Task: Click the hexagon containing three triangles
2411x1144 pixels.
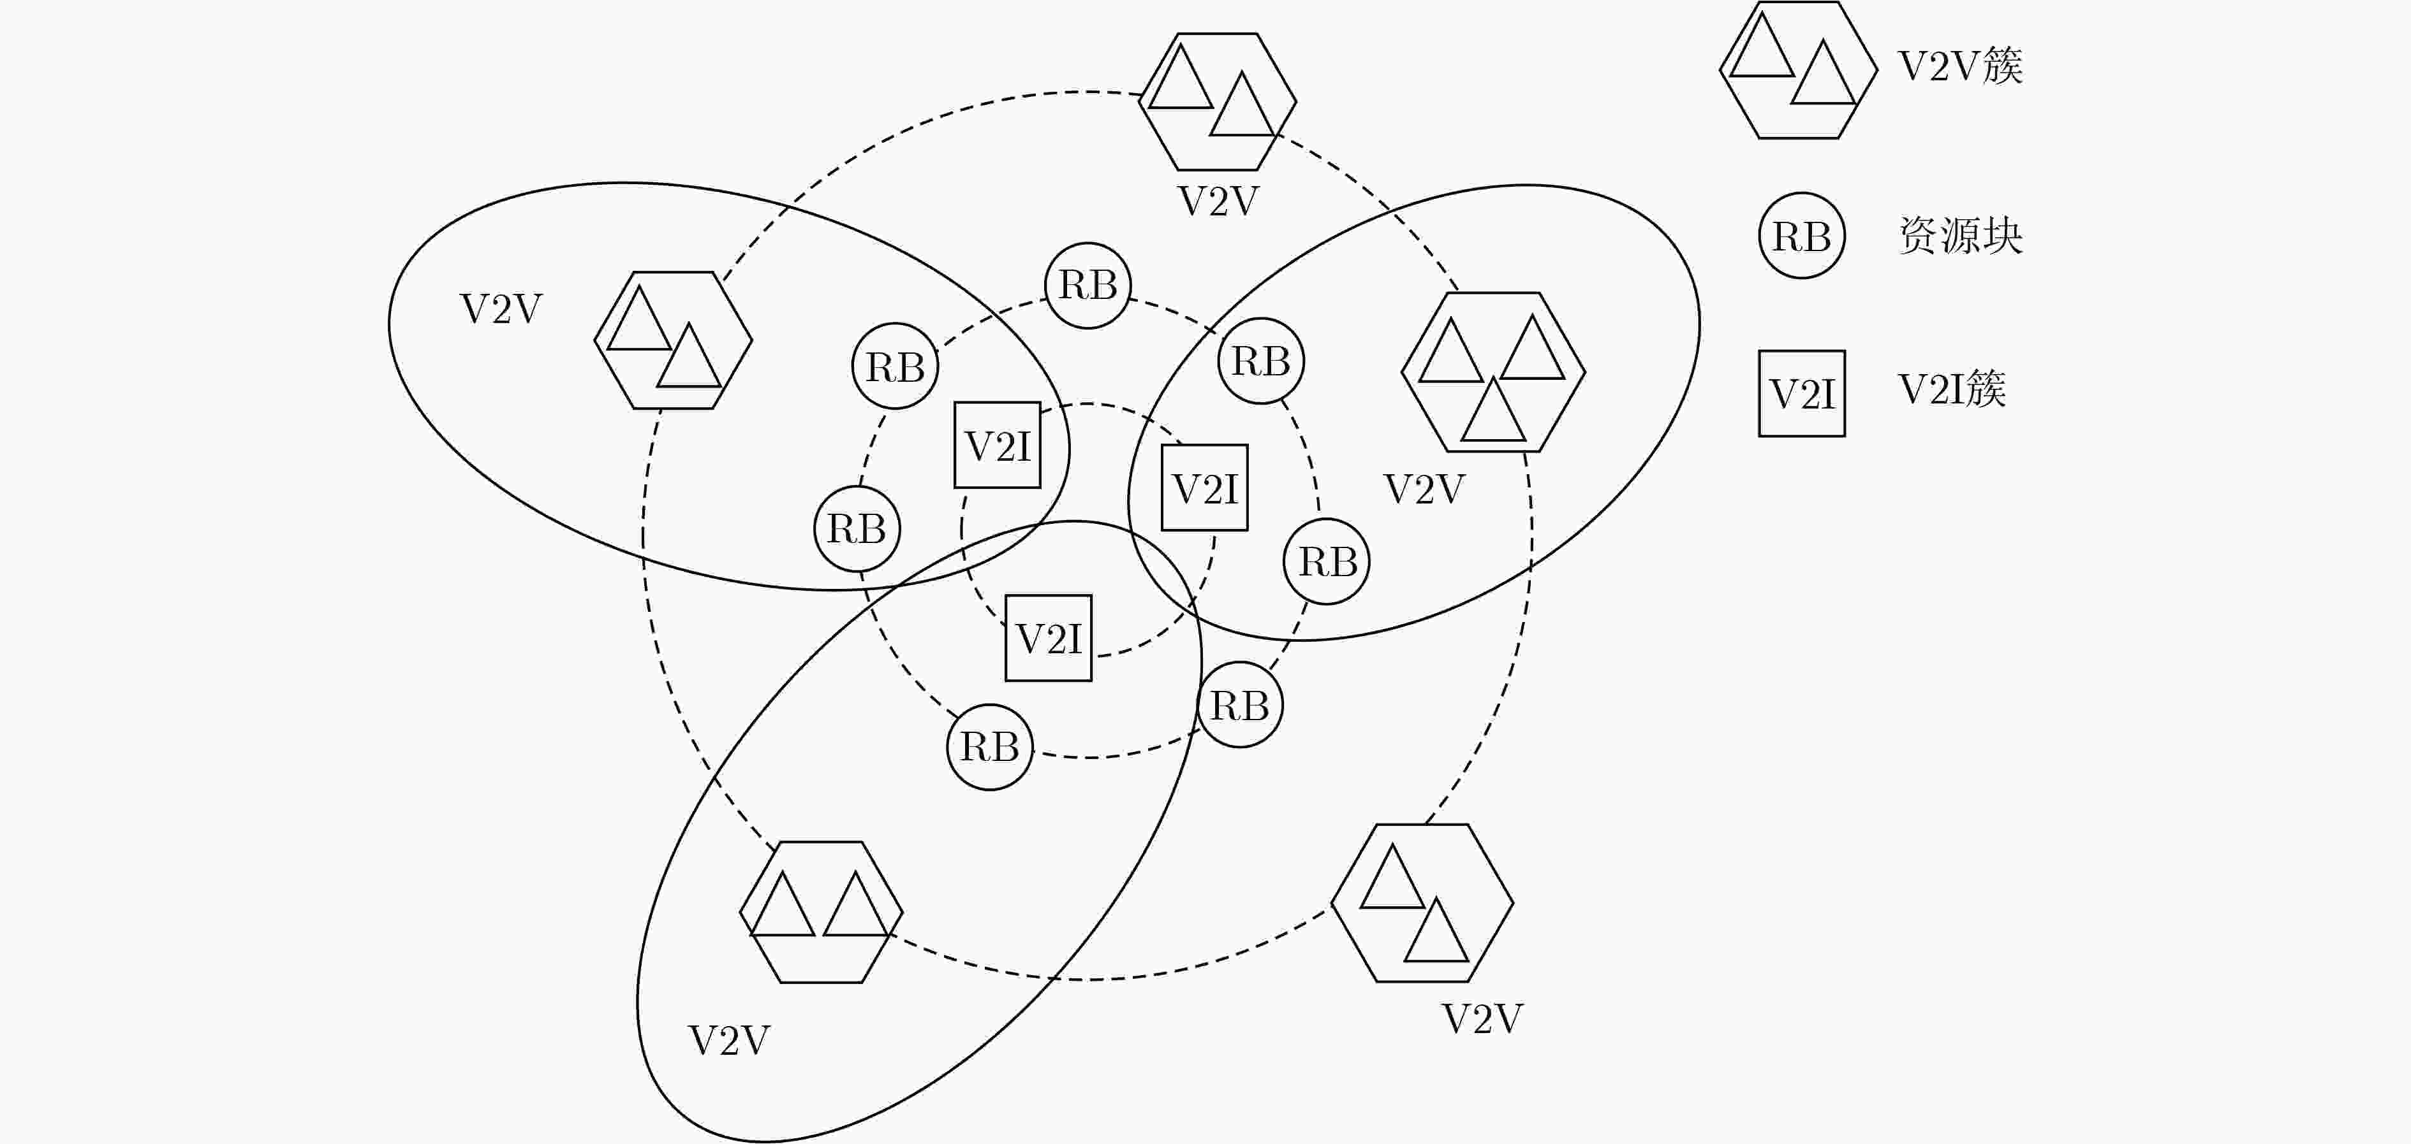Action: tap(1493, 372)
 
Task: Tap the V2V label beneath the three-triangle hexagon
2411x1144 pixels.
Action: tap(1424, 489)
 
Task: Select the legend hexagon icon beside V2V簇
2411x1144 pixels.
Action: tap(1798, 70)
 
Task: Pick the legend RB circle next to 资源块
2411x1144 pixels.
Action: tap(1802, 236)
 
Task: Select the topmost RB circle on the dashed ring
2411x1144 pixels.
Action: tap(1088, 286)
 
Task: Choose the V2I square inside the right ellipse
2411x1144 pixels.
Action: tap(1205, 488)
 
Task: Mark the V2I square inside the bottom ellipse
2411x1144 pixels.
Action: tap(1048, 638)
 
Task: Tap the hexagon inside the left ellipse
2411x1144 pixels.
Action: tap(673, 340)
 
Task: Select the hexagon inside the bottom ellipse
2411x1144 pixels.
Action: tap(821, 912)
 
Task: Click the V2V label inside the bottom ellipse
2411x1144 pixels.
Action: tap(729, 1040)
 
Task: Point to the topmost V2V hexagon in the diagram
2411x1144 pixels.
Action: tap(1218, 102)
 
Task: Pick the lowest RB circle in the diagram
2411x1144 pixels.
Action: tap(989, 746)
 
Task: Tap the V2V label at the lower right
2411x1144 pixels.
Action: tap(1482, 1018)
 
